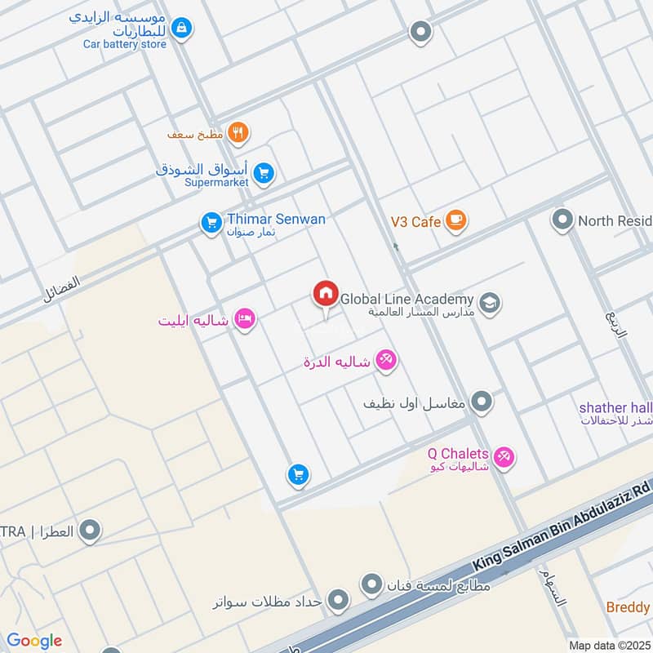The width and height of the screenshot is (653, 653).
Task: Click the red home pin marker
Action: pos(325,294)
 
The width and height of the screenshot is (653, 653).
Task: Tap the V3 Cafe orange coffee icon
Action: pos(455,221)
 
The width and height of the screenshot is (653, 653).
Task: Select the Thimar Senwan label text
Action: pos(276,219)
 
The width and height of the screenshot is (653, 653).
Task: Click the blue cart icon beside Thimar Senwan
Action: pos(211,222)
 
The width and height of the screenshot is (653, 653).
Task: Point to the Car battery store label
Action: pos(124,44)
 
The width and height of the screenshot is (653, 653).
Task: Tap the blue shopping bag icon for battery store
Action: pos(182,29)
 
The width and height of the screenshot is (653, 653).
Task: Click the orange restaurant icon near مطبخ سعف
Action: pos(238,132)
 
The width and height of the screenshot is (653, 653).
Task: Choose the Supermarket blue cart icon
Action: pos(263,173)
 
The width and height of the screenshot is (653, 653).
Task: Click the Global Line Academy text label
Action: pos(406,300)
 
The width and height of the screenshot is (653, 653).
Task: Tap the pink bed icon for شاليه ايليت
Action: pos(243,320)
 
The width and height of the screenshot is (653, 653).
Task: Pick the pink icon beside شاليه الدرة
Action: pos(386,361)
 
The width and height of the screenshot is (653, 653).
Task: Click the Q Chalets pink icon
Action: pos(504,457)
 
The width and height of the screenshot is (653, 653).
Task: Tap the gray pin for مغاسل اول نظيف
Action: pos(482,402)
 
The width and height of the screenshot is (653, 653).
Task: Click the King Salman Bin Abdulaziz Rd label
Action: pos(562,525)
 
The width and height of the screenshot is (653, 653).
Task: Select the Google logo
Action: pos(34,641)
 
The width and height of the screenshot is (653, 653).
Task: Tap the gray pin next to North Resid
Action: pos(562,220)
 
